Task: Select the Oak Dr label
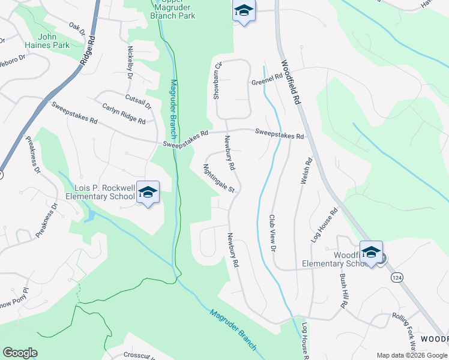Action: point(76,27)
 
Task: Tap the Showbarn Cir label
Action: point(218,80)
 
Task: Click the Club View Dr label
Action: point(273,233)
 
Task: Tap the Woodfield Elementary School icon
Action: point(370,252)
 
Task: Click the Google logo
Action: point(20,353)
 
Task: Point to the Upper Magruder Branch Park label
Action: point(173,8)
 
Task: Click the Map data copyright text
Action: point(412,355)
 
